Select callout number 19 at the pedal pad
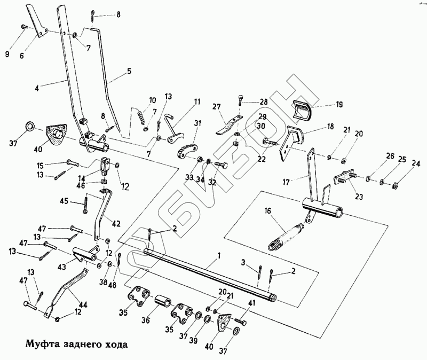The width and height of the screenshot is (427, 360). click(339, 105)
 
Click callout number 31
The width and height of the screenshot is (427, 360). click(197, 123)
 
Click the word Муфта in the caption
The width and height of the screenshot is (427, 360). click(38, 343)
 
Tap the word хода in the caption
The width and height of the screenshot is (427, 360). click(115, 343)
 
